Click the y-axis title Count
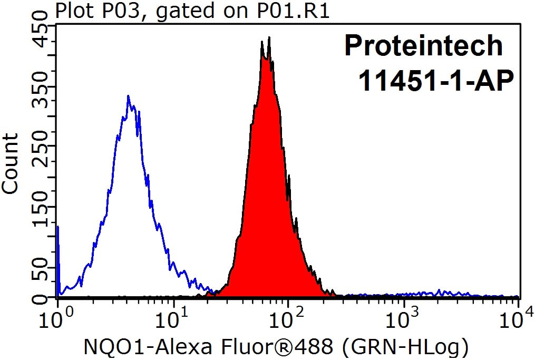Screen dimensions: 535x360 9,164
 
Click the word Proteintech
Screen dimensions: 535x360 423,46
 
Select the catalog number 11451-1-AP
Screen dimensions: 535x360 436,81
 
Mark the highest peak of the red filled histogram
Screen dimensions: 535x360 269,37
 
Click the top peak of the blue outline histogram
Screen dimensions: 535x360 128,96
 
